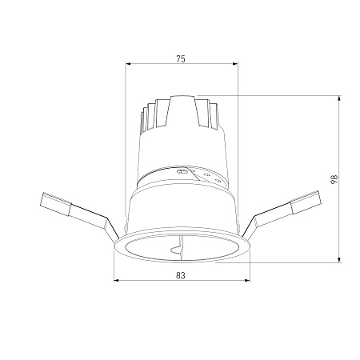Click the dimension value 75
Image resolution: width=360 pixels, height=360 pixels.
(181, 58)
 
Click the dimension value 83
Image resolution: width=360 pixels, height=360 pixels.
(181, 275)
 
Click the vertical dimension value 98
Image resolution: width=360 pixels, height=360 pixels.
(334, 179)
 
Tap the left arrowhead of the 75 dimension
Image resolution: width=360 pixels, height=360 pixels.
(128, 63)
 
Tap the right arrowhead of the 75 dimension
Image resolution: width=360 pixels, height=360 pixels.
(235, 63)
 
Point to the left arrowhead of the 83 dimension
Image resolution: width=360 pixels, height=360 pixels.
(116, 280)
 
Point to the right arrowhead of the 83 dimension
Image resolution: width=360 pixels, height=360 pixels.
(248, 280)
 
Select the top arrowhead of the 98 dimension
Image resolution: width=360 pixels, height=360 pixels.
(339, 98)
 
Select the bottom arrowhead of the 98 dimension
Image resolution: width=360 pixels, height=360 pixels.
(339, 260)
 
